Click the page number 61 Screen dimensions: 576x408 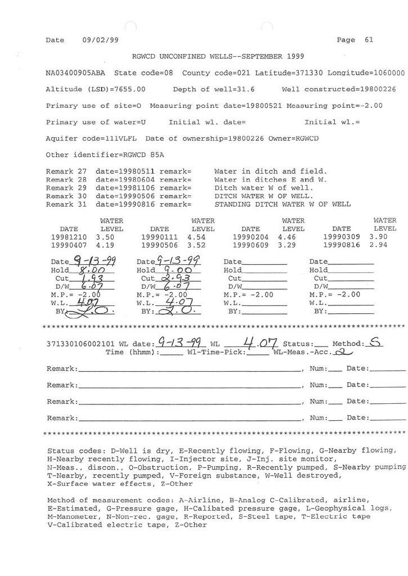coord(369,40)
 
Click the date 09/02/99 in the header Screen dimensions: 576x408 coord(100,40)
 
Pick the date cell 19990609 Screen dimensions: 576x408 coord(250,245)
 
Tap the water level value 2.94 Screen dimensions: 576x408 coord(379,245)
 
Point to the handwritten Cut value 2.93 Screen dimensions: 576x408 coord(175,278)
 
